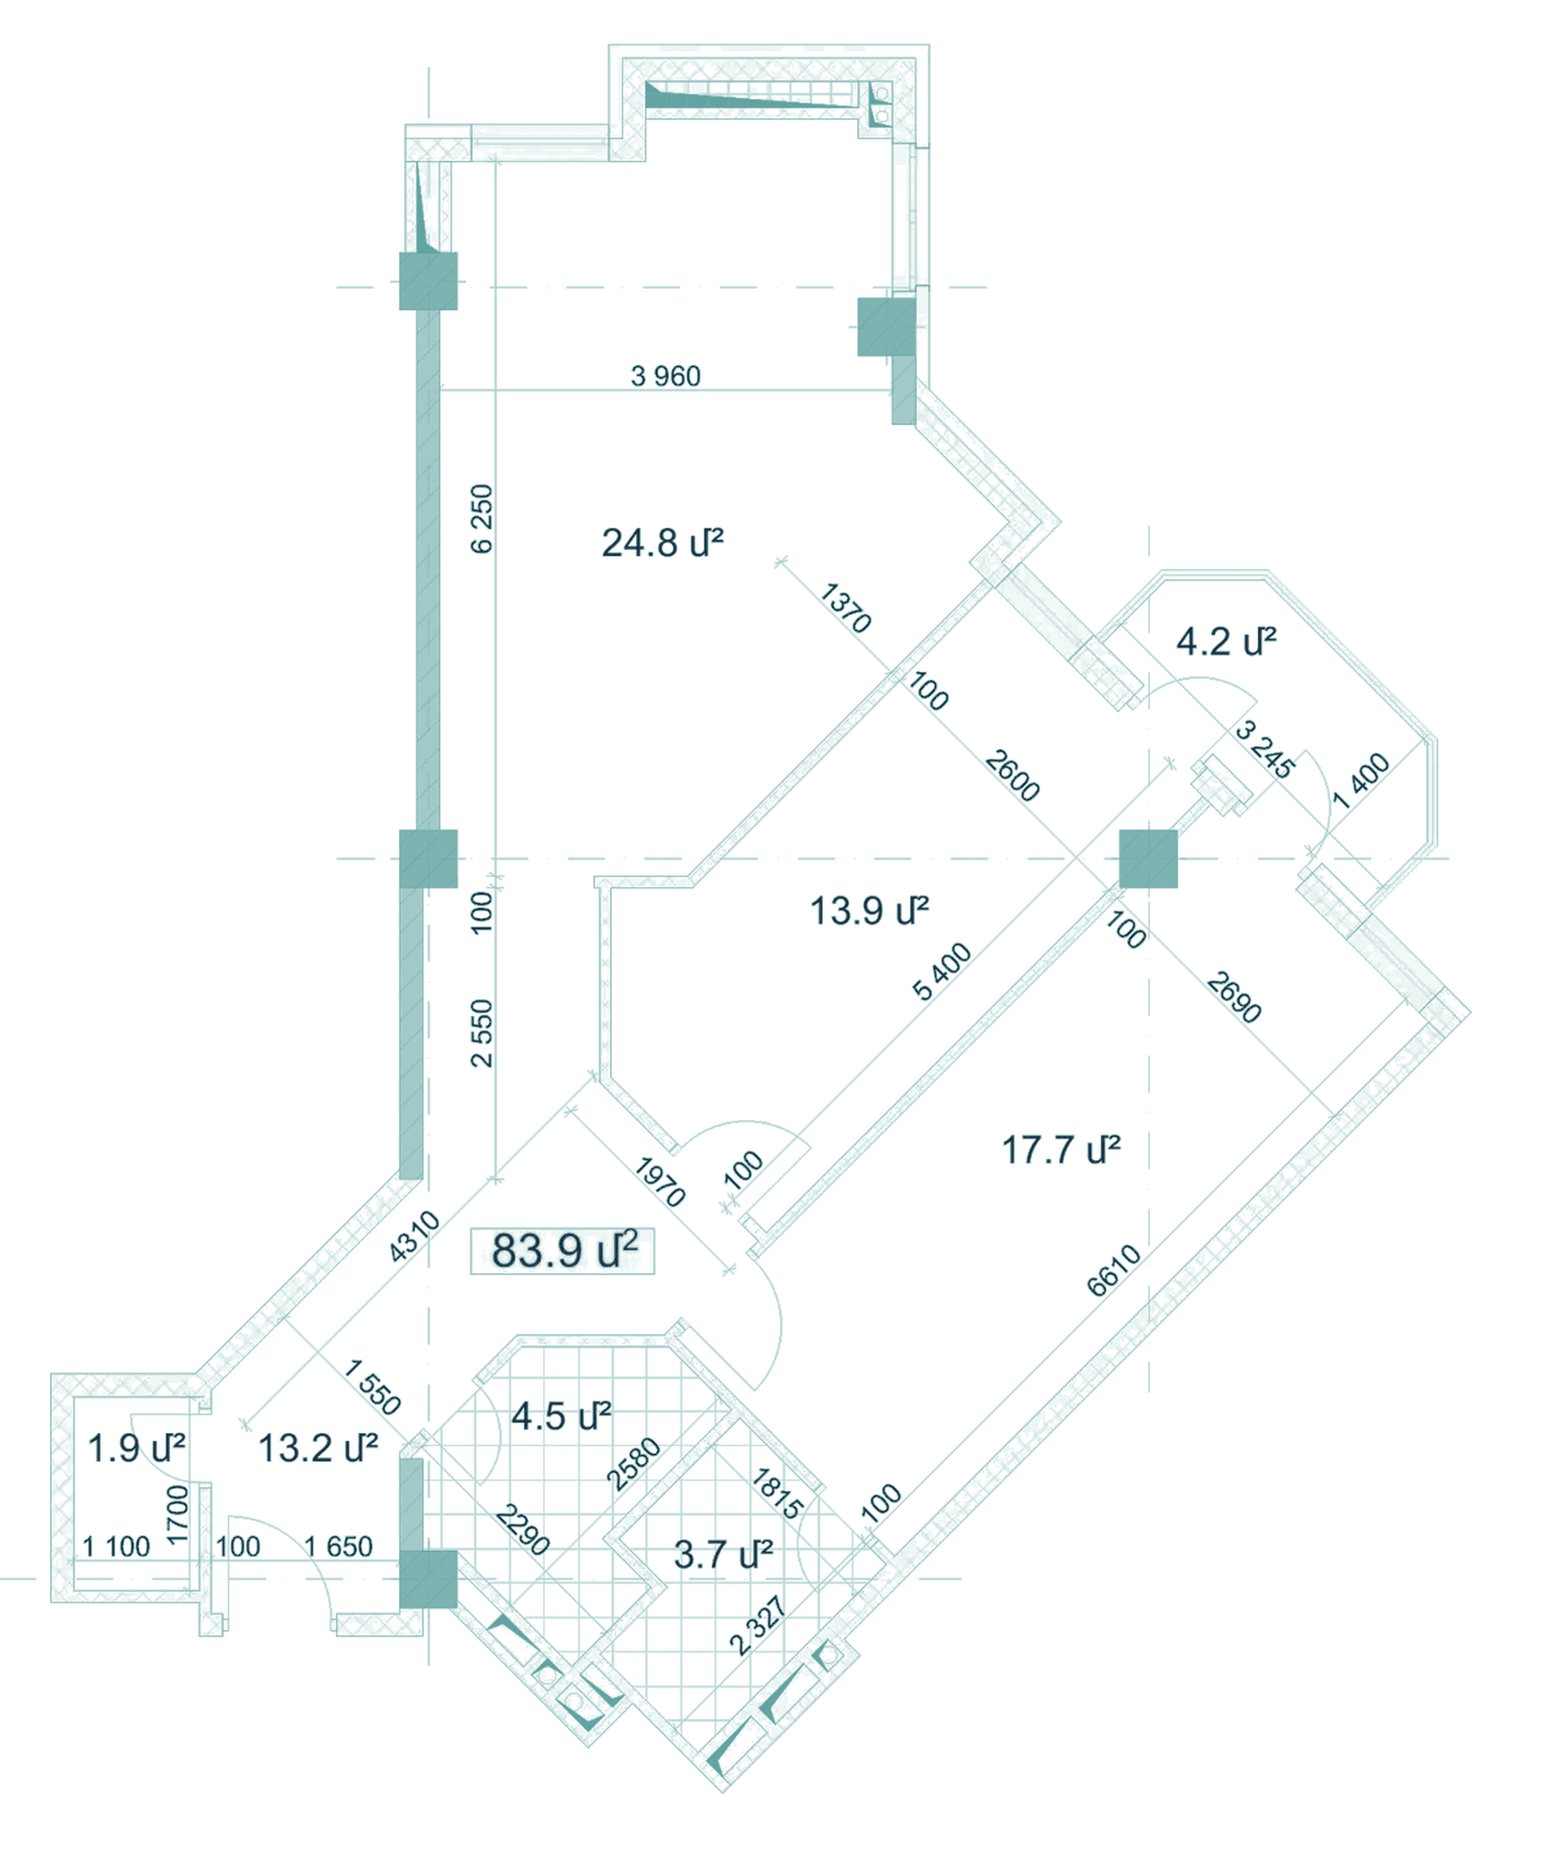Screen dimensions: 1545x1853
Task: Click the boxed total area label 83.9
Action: click(562, 1250)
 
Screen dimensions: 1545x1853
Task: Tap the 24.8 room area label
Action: click(662, 543)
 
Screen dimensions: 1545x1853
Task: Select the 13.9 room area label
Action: click(869, 910)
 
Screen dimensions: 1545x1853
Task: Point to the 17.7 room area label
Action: click(1061, 1150)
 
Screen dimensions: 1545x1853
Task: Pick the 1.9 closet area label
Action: click(136, 1448)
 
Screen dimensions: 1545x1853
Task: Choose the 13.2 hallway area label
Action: click(317, 1448)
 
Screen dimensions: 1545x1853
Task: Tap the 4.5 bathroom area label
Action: click(561, 1416)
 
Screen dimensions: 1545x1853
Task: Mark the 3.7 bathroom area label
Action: click(724, 1555)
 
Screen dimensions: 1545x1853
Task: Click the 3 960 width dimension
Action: click(665, 377)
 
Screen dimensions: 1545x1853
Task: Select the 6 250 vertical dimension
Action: click(482, 519)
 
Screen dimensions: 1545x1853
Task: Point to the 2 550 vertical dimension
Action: click(482, 1033)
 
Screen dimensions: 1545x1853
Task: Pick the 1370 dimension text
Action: click(845, 608)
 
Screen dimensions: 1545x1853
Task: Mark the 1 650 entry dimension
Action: click(338, 1546)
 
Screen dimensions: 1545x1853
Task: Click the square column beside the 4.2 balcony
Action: click(1148, 858)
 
